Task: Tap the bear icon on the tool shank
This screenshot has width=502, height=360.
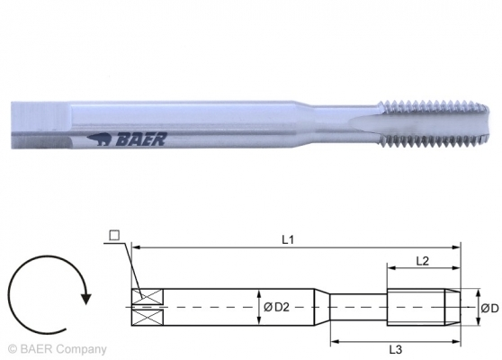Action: point(102,139)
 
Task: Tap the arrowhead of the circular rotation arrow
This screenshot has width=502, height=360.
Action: point(85,291)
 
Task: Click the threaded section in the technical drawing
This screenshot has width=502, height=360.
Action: point(422,308)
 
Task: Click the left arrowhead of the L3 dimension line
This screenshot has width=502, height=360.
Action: point(333,341)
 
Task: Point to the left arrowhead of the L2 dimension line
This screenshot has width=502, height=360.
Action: point(390,266)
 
